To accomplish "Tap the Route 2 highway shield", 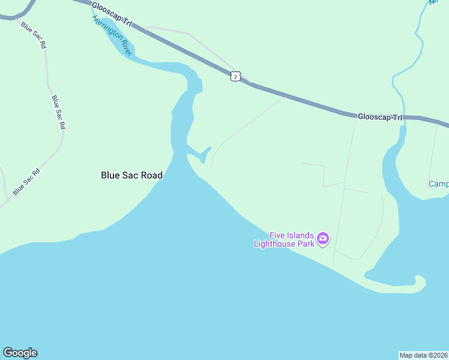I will coord(235,76).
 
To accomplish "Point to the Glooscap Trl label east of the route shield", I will coord(379,117).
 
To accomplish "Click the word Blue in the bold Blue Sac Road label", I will coord(110,175).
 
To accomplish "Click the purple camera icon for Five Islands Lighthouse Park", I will coord(323,239).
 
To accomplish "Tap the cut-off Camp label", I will coord(439,184).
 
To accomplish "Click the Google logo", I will coord(20,353).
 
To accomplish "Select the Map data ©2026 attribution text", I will coord(423,355).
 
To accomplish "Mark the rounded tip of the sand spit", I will coord(420,281).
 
